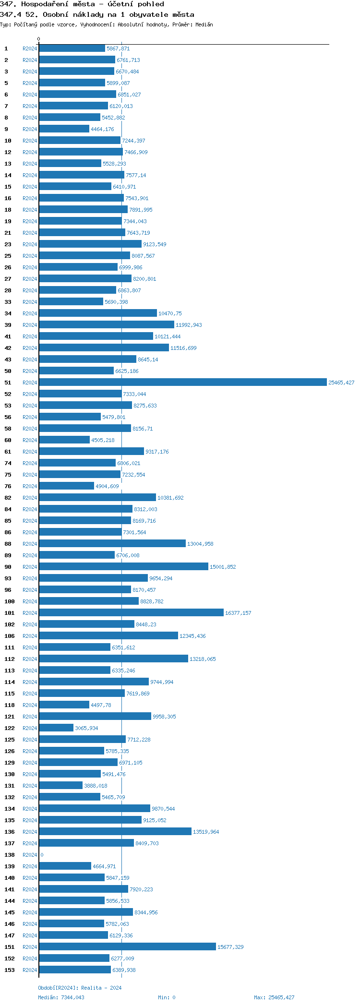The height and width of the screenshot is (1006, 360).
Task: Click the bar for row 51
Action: coord(182,382)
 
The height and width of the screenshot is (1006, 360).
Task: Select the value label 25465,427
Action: coord(341,383)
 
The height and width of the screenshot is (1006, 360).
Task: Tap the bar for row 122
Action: coord(56,728)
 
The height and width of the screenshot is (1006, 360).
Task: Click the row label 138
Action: coord(10,855)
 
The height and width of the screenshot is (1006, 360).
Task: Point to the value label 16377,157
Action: coord(238,613)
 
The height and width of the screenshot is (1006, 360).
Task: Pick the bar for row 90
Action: coord(123,566)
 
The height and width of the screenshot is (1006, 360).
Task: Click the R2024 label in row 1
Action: coord(30,48)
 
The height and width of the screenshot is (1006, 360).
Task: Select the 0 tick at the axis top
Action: coord(39,39)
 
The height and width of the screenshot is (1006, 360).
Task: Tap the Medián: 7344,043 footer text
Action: coord(61,997)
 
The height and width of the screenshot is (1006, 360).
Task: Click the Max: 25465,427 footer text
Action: coord(274,997)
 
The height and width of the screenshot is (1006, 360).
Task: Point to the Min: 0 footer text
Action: coord(167,997)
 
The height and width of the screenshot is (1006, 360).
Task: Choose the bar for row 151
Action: coord(127,946)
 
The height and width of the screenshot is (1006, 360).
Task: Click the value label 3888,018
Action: coord(96,786)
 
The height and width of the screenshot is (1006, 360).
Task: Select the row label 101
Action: coord(10,613)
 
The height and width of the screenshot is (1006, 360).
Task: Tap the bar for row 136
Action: coord(115,831)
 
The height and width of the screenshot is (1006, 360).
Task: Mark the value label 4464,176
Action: coord(102,129)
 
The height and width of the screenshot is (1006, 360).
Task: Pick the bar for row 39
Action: coord(107,324)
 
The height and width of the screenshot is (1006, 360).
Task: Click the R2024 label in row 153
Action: coord(30,970)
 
